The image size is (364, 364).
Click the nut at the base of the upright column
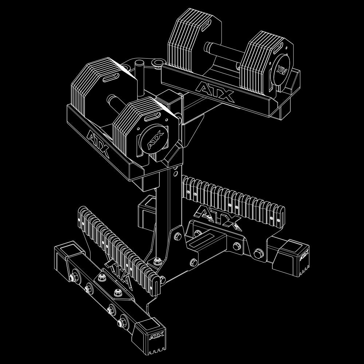157,261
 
